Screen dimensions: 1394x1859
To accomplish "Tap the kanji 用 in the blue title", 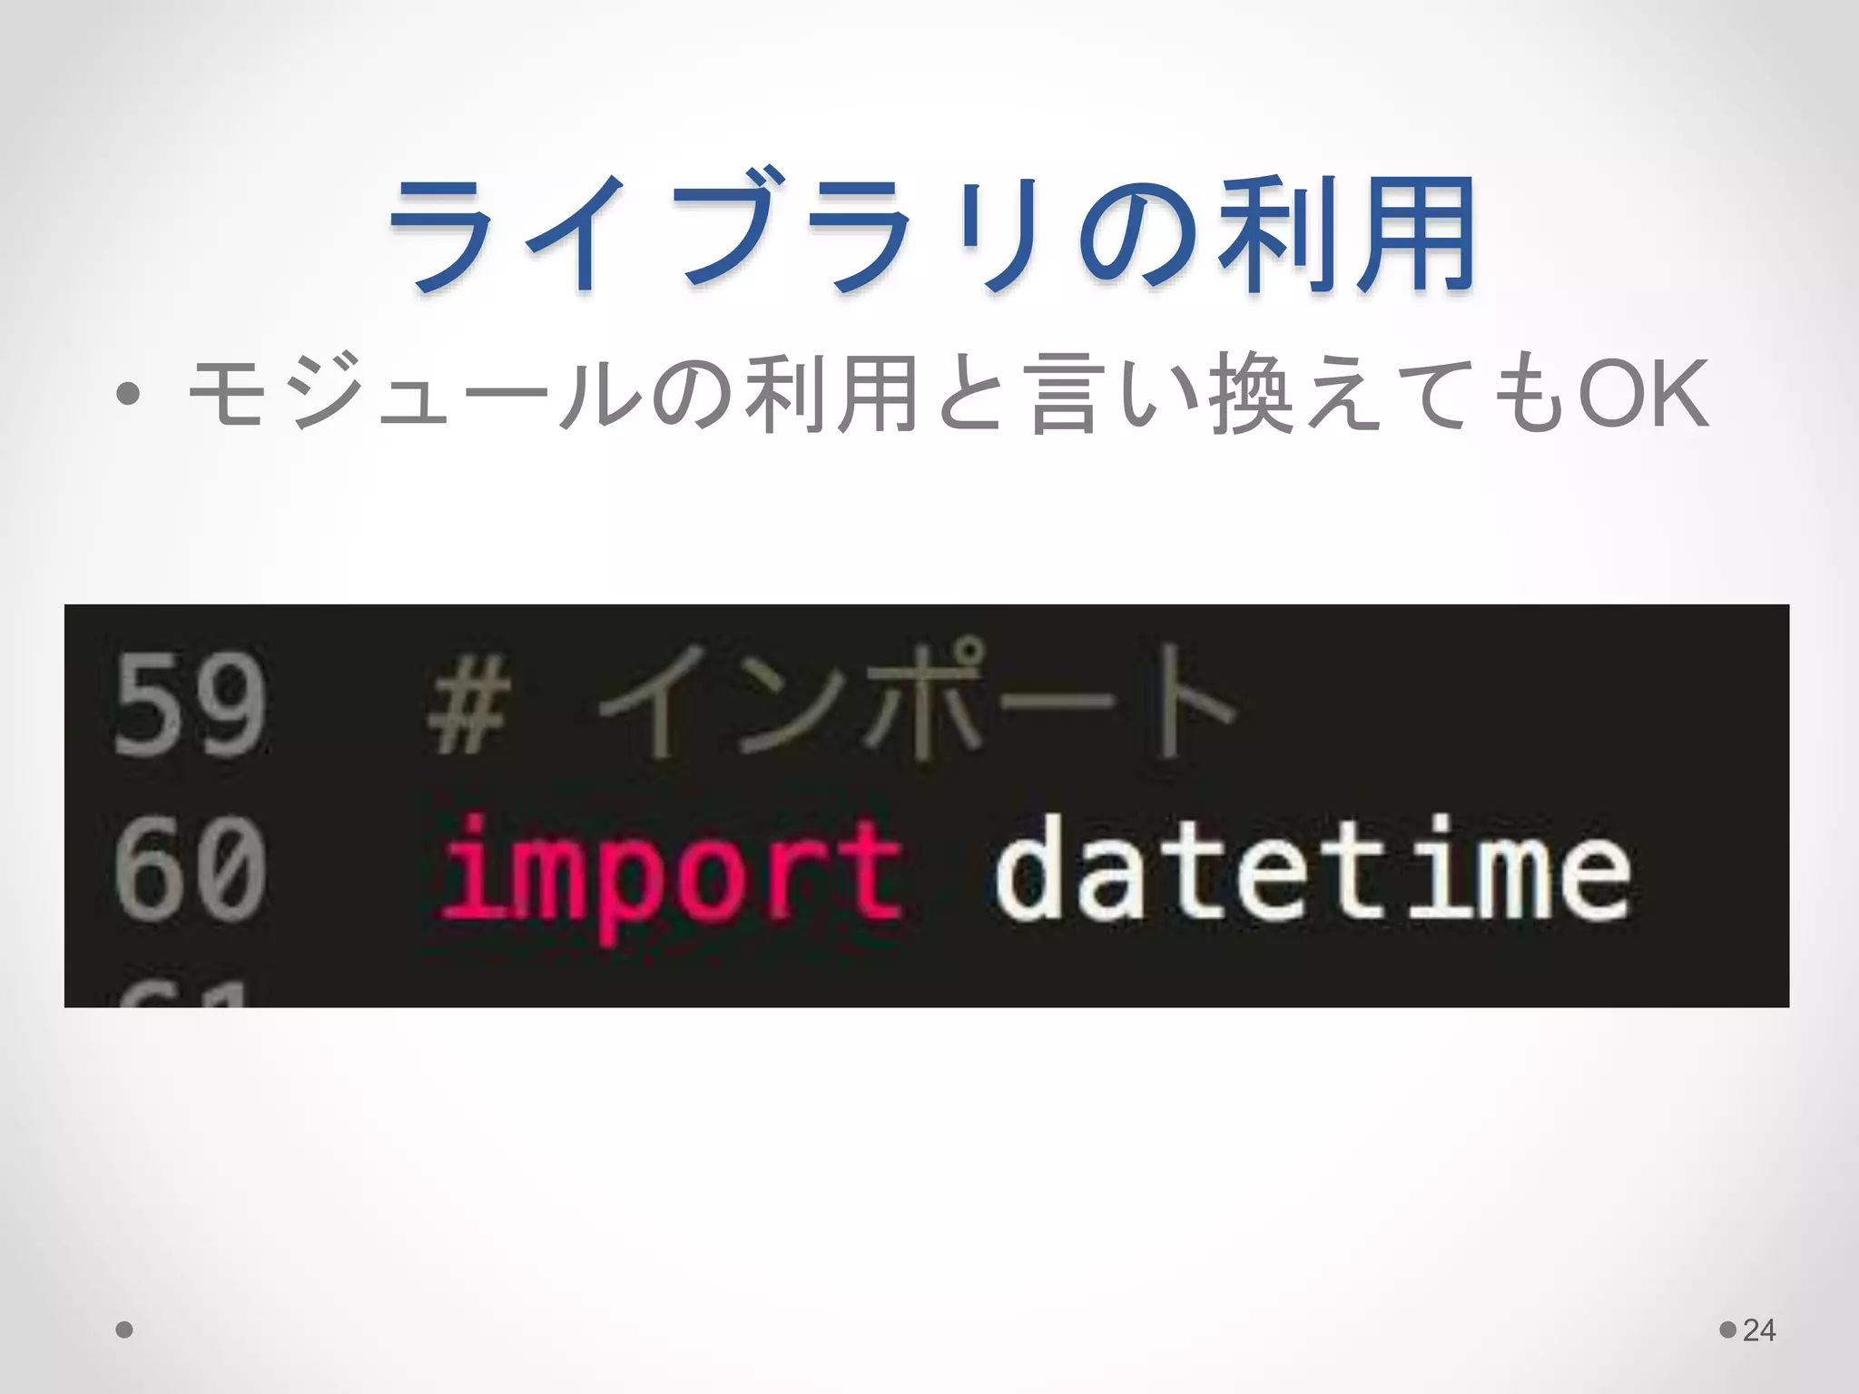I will pos(1416,234).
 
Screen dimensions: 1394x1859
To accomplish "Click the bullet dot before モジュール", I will pos(128,394).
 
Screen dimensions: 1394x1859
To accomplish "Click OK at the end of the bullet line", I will pos(1643,394).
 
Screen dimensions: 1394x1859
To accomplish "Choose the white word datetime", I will pos(1312,867).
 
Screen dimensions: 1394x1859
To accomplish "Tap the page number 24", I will pos(1759,1330).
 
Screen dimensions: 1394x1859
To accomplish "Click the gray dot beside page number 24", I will pos(1728,1330).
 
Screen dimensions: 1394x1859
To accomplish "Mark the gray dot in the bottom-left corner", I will pos(124,1330).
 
